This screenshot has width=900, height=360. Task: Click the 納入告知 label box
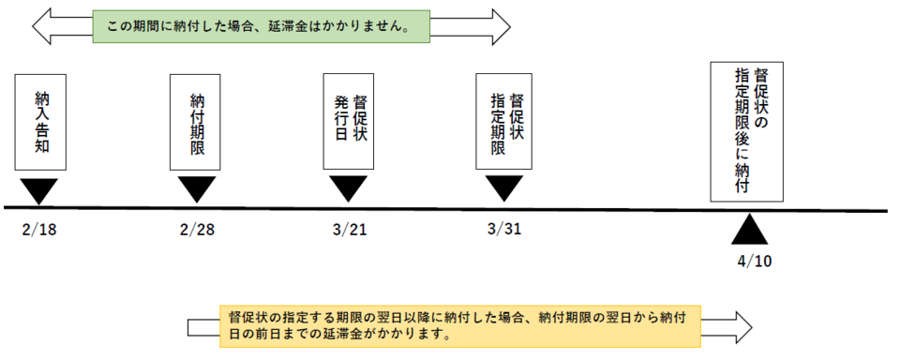pos(41,122)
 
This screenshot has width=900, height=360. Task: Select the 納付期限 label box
pos(196,122)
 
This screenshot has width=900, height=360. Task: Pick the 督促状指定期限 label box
pos(503,122)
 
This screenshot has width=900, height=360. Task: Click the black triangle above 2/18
pos(41,190)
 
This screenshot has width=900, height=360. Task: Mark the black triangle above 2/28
pos(196,190)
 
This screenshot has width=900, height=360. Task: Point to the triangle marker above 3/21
pos(349,190)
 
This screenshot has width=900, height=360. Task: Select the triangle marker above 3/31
pos(504,190)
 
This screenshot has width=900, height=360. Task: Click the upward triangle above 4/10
pos(749,231)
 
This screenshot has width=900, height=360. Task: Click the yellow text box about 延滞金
pos(460,325)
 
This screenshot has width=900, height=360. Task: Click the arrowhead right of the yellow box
pos(740,325)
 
